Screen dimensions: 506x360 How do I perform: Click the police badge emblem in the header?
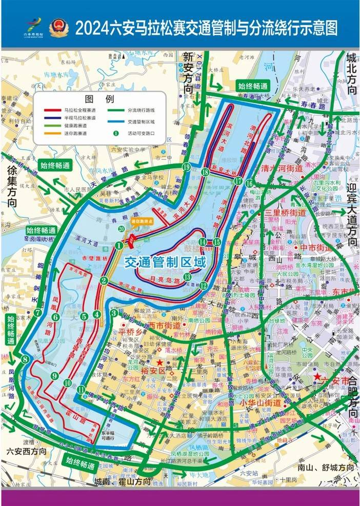click(x=57, y=27)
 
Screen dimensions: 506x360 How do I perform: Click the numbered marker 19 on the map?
click(x=186, y=168)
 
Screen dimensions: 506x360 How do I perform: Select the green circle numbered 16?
click(x=249, y=184)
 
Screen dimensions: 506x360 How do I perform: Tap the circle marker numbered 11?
click(x=82, y=390)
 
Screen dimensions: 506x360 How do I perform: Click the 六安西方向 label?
click(x=26, y=452)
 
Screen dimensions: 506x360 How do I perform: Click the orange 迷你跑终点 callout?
click(x=142, y=221)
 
